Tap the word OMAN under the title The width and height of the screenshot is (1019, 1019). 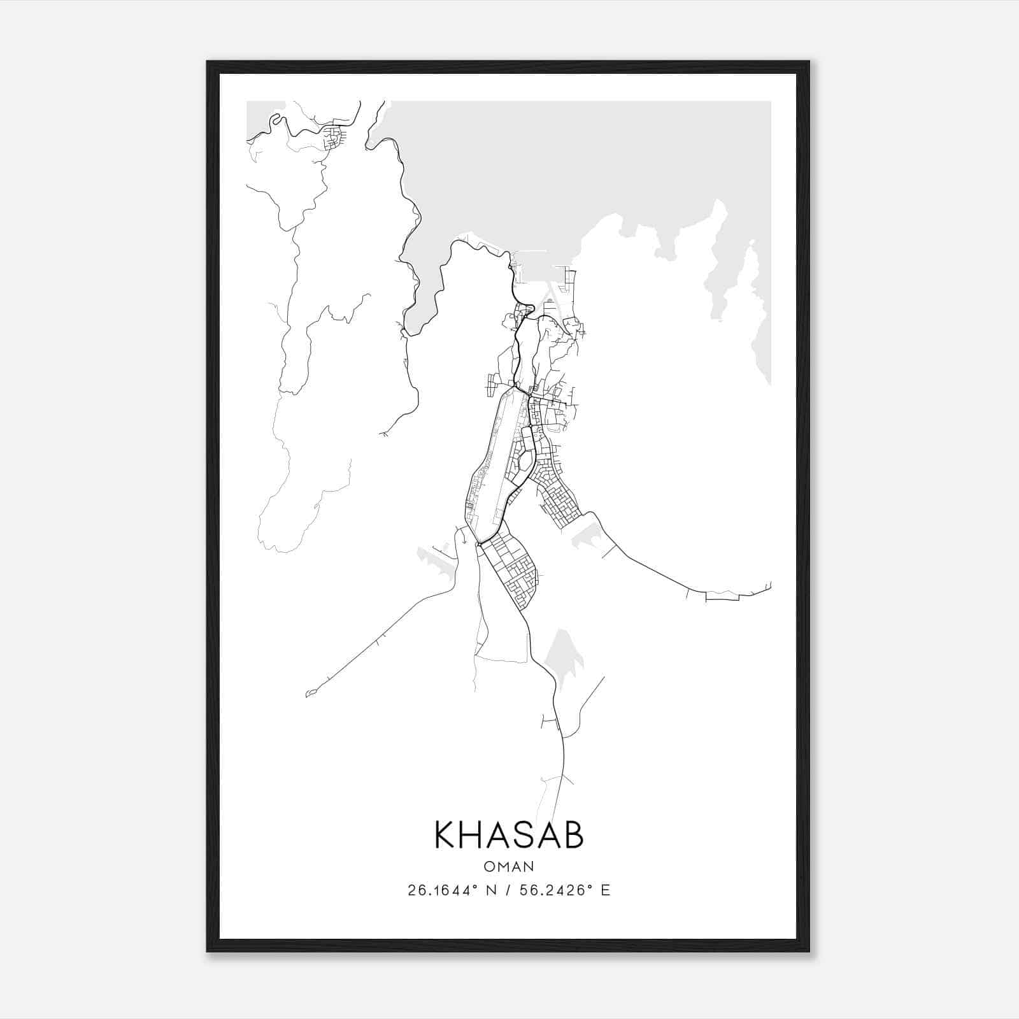point(509,866)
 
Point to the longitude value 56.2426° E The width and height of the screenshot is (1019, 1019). point(564,890)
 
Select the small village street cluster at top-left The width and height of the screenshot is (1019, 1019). point(332,138)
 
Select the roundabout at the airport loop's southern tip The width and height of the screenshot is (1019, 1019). point(478,543)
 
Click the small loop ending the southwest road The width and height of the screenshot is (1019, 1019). point(310,692)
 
